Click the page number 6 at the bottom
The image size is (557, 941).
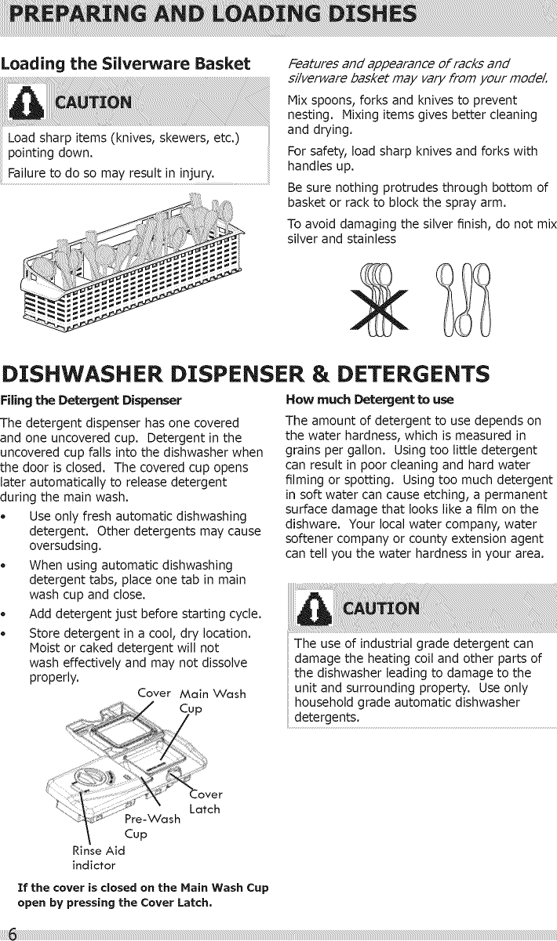point(10,932)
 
